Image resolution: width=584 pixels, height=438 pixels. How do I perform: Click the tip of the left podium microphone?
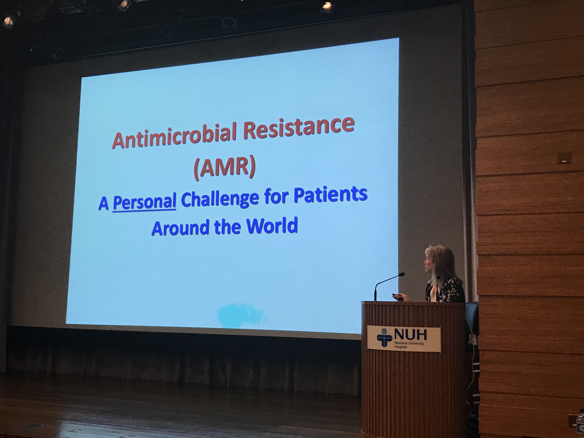(x=402, y=274)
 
